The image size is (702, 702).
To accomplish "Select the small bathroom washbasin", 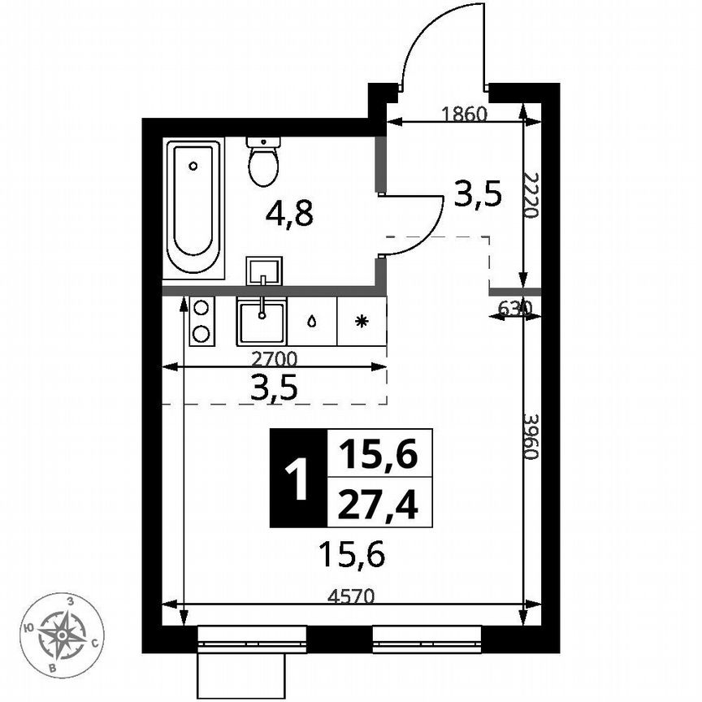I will coord(264,270).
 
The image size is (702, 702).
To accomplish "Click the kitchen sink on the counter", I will coord(262,321).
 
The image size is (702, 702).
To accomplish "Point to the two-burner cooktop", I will coord(201,321).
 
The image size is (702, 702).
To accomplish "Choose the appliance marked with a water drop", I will coord(312,321).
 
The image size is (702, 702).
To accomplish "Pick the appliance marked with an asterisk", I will coord(362,321).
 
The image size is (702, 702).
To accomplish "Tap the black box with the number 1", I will coord(298,477).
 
